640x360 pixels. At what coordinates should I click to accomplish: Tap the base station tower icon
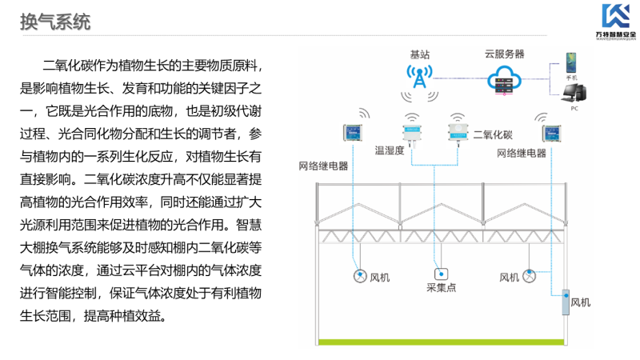coord(419,78)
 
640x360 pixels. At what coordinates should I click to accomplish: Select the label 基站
coord(419,54)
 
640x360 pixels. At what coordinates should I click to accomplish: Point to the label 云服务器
coord(504,54)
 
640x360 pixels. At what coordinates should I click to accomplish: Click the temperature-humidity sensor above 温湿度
coord(412,132)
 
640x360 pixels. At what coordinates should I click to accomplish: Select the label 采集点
coord(441,287)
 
